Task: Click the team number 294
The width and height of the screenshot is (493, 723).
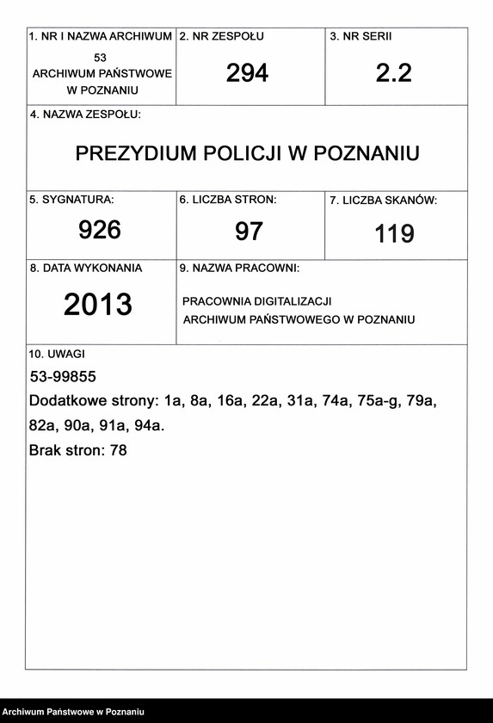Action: [247, 74]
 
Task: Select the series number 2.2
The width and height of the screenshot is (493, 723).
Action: [394, 74]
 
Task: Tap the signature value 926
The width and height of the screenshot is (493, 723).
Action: [100, 230]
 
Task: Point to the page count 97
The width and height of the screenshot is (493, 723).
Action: [249, 231]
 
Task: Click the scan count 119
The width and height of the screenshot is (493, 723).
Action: [394, 233]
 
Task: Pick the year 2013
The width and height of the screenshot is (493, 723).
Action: [98, 305]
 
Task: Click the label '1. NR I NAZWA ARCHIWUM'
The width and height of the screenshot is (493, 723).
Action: [101, 37]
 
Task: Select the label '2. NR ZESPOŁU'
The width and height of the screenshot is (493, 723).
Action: [221, 37]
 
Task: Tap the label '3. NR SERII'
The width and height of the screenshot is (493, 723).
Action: [361, 37]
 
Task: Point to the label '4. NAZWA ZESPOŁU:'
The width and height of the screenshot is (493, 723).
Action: [85, 114]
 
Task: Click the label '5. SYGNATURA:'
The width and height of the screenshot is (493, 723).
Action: [71, 200]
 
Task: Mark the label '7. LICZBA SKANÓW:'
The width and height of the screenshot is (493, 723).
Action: [384, 201]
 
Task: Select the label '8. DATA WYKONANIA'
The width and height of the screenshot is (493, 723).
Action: [86, 269]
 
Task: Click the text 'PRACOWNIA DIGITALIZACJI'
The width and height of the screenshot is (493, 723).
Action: [256, 302]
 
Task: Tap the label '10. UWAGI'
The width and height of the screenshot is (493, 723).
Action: [57, 354]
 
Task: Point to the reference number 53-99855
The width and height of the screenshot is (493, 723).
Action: [63, 377]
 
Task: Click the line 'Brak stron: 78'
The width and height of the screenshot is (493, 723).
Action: [78, 449]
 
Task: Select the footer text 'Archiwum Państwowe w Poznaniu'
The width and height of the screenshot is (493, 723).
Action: [72, 712]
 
